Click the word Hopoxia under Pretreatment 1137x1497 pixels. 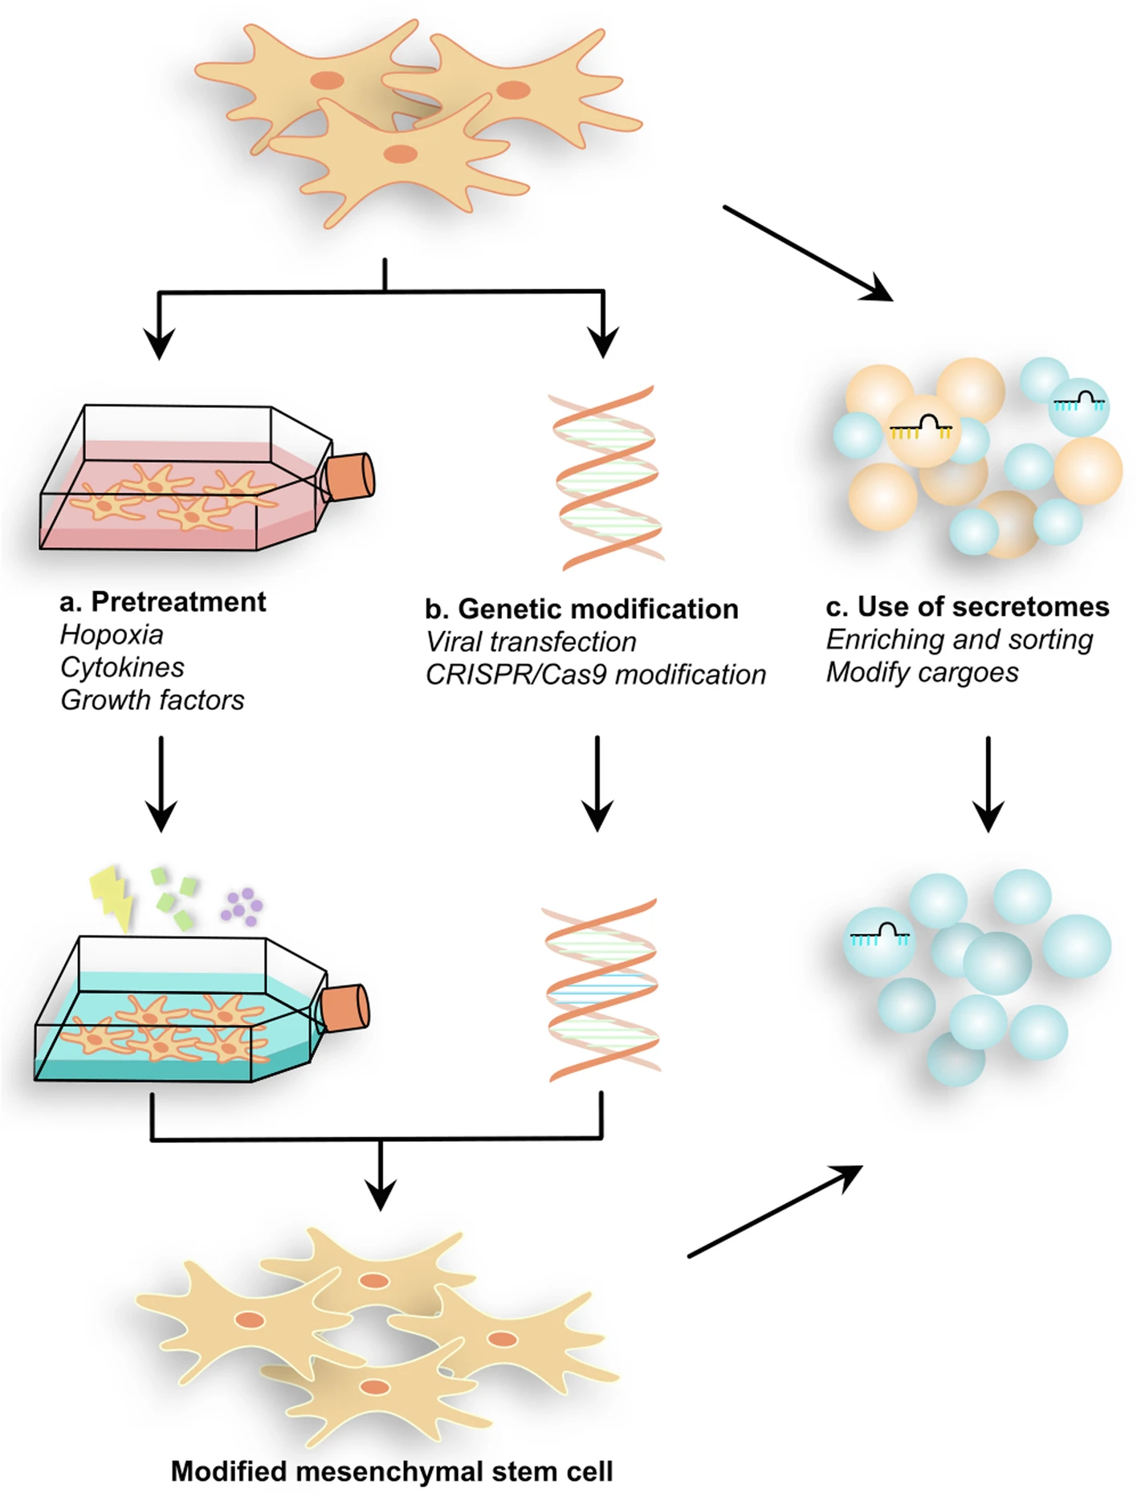pyautogui.click(x=112, y=635)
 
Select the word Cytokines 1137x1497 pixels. pyautogui.click(x=122, y=667)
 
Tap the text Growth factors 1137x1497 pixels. pyautogui.click(x=153, y=700)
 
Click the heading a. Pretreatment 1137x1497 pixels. pyautogui.click(x=163, y=602)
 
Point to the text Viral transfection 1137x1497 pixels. pyautogui.click(x=531, y=642)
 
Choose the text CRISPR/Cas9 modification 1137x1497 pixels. pyautogui.click(x=596, y=675)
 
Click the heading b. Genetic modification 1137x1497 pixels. pyautogui.click(x=581, y=610)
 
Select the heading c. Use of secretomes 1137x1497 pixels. pyautogui.click(x=967, y=607)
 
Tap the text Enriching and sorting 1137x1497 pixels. pyautogui.click(x=960, y=640)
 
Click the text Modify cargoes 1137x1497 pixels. pyautogui.click(x=923, y=673)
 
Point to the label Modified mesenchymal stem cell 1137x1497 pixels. pyautogui.click(x=392, y=1471)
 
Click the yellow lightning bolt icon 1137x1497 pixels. pyautogui.click(x=112, y=895)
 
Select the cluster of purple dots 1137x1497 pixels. pyautogui.click(x=242, y=907)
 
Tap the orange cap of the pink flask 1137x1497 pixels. pyautogui.click(x=352, y=477)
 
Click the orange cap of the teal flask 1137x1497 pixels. pyautogui.click(x=346, y=1007)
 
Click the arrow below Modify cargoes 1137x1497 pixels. pyautogui.click(x=988, y=783)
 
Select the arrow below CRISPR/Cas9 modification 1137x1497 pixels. pyautogui.click(x=597, y=783)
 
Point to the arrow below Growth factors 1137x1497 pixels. pyautogui.click(x=161, y=783)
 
